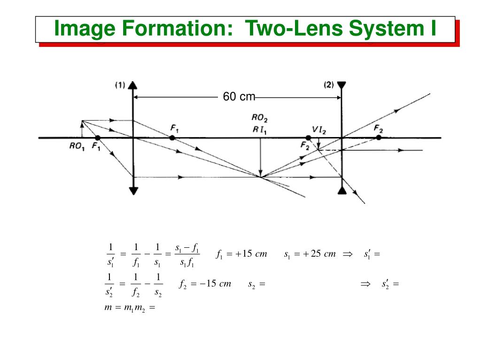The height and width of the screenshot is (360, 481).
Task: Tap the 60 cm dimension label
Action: click(x=239, y=97)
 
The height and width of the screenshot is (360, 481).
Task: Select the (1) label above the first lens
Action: click(x=120, y=85)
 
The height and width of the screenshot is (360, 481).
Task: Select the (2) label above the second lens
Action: click(x=328, y=85)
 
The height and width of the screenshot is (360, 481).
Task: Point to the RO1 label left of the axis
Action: click(x=77, y=146)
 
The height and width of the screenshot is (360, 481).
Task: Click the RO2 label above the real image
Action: click(x=260, y=118)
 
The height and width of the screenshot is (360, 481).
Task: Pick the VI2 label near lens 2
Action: click(x=319, y=129)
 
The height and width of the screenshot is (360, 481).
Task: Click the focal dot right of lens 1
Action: click(x=172, y=138)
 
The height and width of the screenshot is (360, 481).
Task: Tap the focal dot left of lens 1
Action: click(x=97, y=138)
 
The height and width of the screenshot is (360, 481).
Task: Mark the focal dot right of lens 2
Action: click(x=379, y=138)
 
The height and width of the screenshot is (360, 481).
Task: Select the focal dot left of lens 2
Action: click(x=309, y=138)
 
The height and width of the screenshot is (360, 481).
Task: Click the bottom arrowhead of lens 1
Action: click(x=133, y=191)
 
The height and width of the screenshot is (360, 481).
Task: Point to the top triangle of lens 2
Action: click(x=341, y=85)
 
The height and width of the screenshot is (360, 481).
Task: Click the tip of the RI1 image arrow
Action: click(x=260, y=175)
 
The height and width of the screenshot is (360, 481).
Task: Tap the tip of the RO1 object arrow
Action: click(x=82, y=122)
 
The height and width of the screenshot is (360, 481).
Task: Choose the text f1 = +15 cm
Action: click(x=241, y=254)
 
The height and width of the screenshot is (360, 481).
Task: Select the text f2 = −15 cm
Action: click(x=205, y=284)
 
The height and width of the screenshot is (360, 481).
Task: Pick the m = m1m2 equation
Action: click(x=129, y=308)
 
